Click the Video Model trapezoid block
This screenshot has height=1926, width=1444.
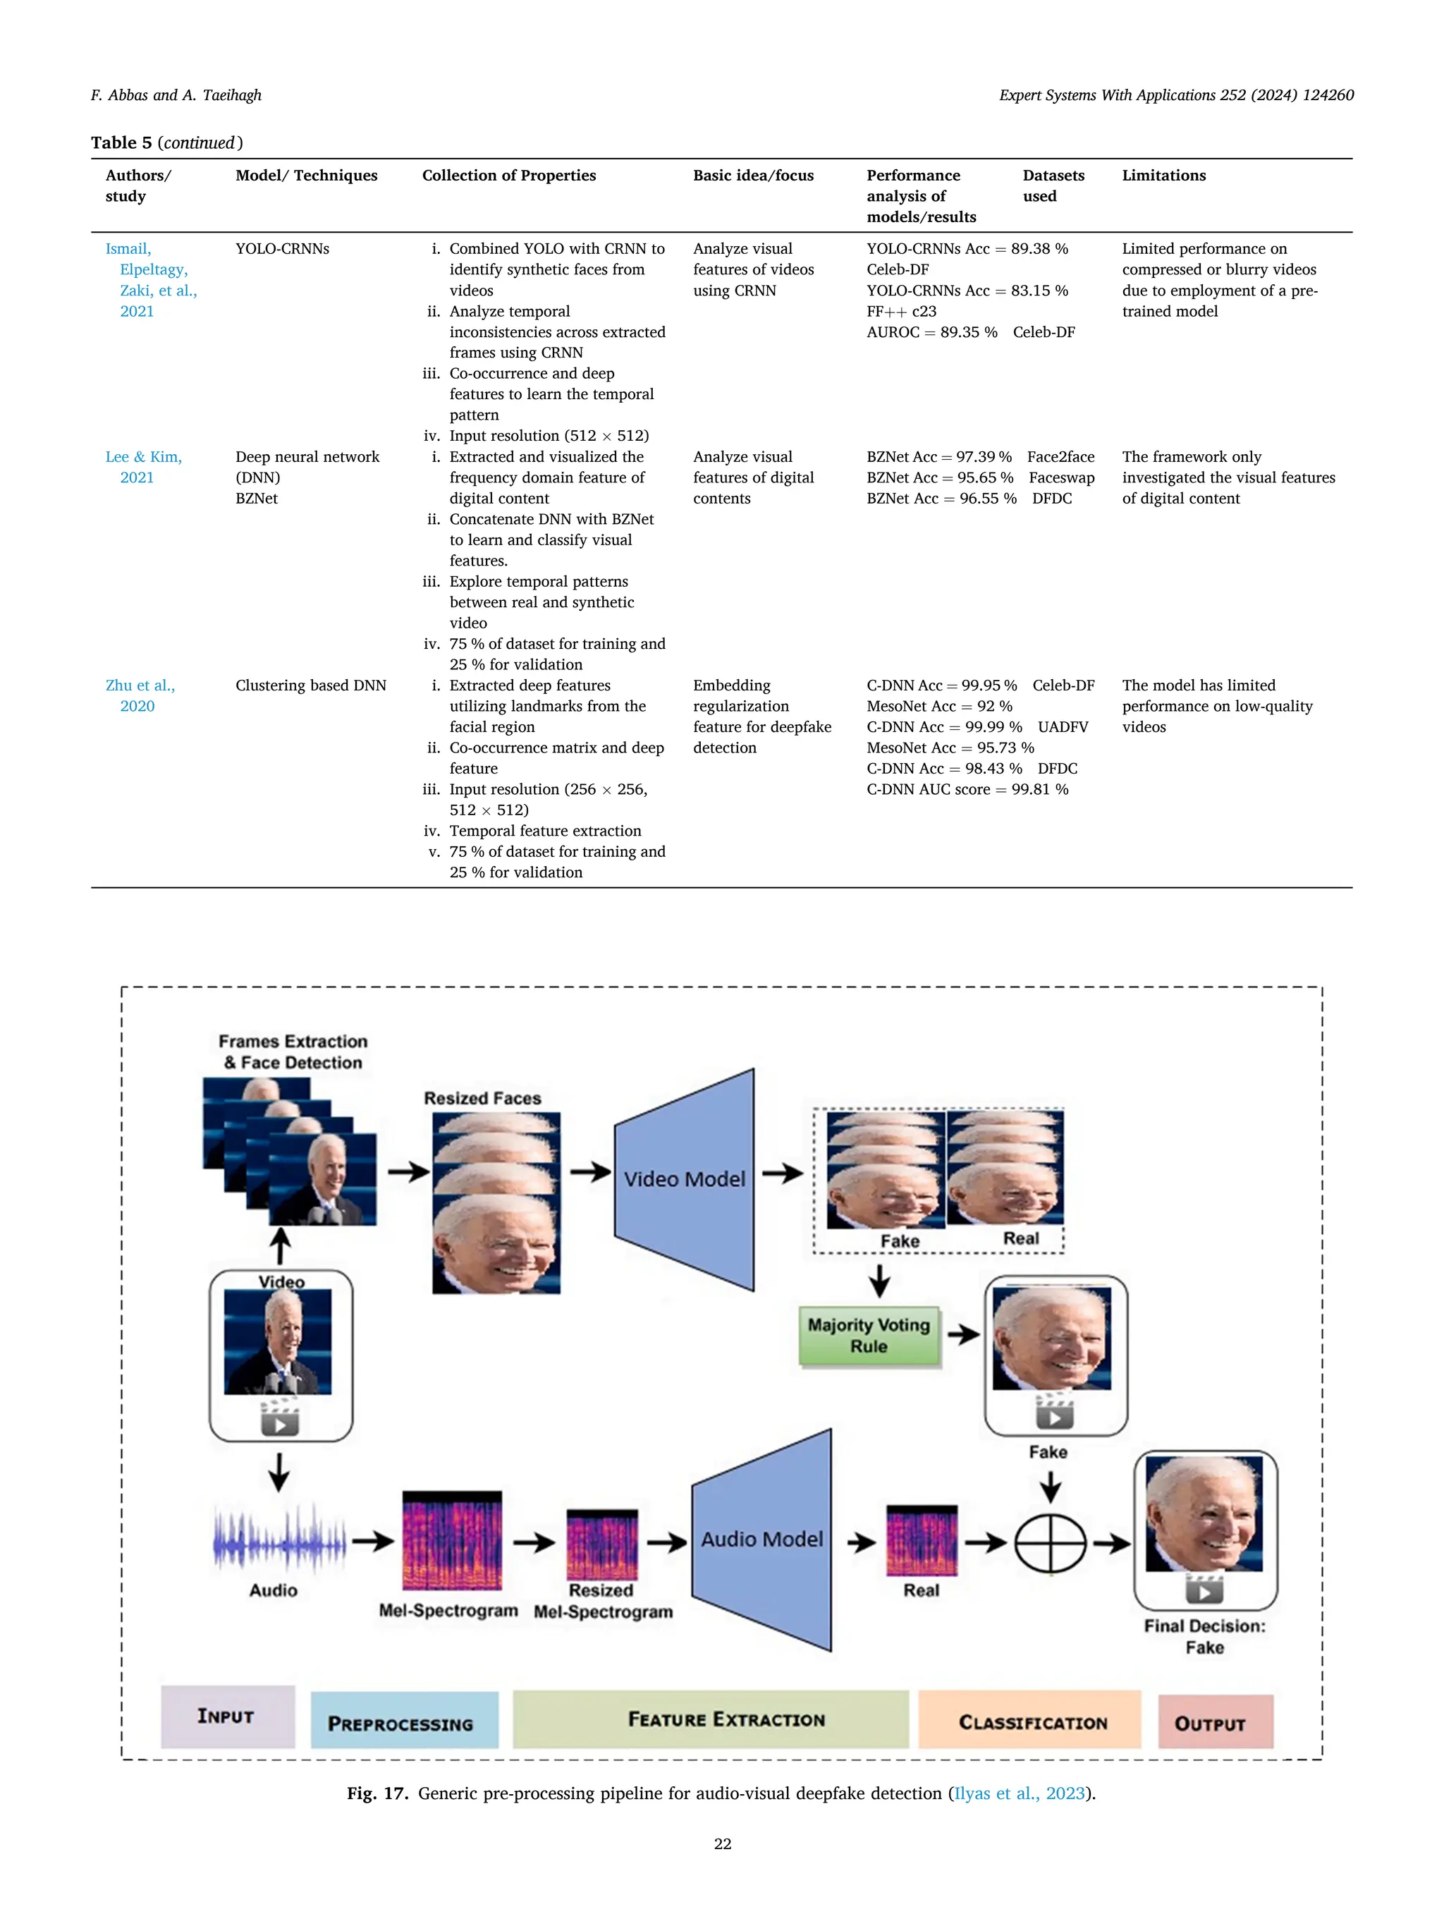[684, 1179]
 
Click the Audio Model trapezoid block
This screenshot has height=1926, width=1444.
[761, 1540]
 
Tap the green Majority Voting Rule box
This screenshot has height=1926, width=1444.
[869, 1335]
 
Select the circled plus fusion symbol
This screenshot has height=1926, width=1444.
[1051, 1543]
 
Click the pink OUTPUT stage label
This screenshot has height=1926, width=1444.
[1215, 1722]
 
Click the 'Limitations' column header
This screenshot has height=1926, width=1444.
[1163, 175]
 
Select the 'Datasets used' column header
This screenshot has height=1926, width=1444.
[1053, 185]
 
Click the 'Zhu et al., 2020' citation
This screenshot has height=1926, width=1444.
[140, 695]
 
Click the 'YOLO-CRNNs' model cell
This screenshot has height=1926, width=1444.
[282, 249]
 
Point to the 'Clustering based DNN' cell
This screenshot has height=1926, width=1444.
[311, 685]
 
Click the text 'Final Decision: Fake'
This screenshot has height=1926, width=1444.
[1205, 1636]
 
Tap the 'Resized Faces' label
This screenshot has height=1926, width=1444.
[482, 1098]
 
